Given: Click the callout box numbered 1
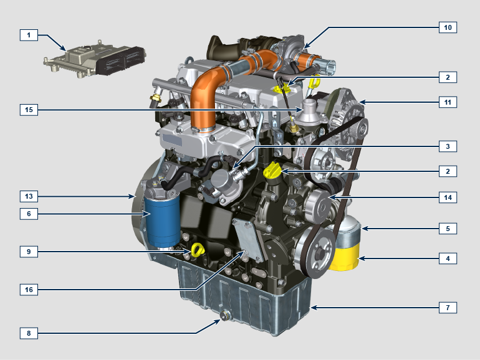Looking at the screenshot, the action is point(29,35).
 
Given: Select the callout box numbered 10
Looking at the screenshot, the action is point(448,27).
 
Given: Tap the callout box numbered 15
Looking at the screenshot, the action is point(29,110).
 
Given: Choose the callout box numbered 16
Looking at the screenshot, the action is point(29,290).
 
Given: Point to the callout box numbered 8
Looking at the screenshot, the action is point(29,333).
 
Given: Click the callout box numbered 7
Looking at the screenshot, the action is point(448,308).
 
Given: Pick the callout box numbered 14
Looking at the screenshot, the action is point(448,197).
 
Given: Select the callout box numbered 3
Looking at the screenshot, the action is point(448,146).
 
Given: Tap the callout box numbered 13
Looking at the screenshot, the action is point(29,196).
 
